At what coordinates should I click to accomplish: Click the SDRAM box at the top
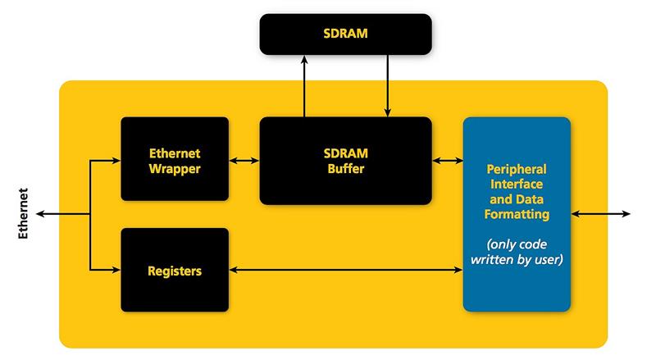tap(345, 34)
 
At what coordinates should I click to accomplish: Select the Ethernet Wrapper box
tap(175, 159)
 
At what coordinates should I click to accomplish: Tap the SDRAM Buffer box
tap(345, 161)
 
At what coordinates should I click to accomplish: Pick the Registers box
tap(175, 270)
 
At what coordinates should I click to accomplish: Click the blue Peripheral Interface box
tap(517, 214)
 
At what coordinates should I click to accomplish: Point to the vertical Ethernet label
tap(23, 213)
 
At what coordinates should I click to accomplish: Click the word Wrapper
tap(175, 169)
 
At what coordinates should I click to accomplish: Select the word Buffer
tap(346, 169)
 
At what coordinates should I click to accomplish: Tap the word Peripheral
tap(517, 169)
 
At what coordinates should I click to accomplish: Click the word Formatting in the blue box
tap(517, 214)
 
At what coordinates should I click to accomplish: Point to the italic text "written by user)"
tap(517, 259)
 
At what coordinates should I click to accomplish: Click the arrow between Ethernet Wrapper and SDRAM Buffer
tap(244, 161)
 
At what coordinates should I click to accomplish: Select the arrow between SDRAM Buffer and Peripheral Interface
tap(448, 161)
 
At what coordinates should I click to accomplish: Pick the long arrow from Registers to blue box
tap(346, 270)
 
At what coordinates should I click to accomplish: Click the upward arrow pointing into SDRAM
tap(304, 86)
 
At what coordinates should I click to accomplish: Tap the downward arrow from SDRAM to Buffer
tap(387, 86)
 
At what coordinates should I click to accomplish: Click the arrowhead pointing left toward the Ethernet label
tap(40, 214)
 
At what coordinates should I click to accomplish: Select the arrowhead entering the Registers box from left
tap(116, 270)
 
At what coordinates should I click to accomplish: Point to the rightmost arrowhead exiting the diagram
tap(626, 214)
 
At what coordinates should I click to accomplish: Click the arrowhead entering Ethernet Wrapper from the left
tap(116, 161)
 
